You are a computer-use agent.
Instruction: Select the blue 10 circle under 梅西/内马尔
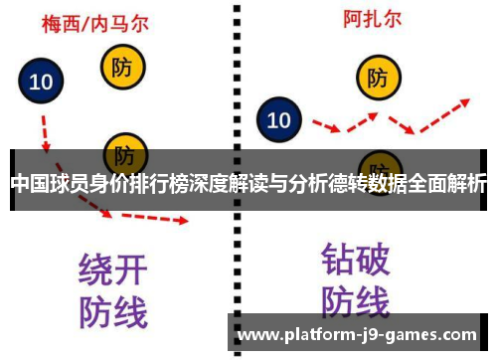click(42, 83)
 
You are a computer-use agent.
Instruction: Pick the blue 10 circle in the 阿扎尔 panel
click(279, 120)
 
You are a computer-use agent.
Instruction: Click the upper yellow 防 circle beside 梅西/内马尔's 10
click(122, 68)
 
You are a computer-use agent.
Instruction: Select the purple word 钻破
click(356, 261)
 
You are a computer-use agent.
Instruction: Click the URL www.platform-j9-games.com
click(359, 334)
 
